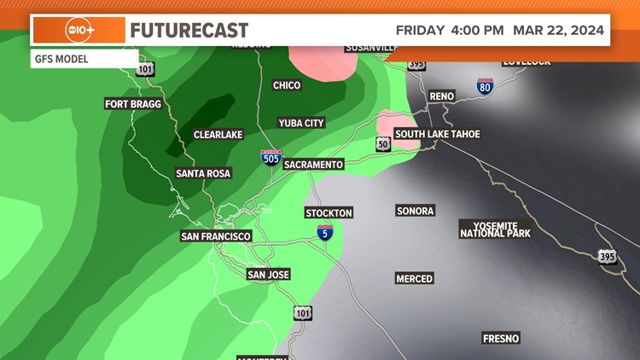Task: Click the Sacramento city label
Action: click(x=313, y=165)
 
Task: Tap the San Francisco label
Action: click(x=216, y=235)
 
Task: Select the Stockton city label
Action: click(x=329, y=212)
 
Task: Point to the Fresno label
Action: click(x=500, y=339)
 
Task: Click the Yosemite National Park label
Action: click(x=495, y=229)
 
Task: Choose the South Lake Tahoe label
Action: click(x=437, y=134)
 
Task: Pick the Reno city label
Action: click(x=442, y=96)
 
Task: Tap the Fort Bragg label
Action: click(x=132, y=104)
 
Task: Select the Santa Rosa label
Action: click(x=203, y=173)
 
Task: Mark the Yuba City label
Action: click(x=301, y=123)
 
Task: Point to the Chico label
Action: click(x=287, y=85)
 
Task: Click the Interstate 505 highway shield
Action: click(x=271, y=158)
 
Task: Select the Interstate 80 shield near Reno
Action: click(x=485, y=87)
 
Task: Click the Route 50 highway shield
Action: click(x=384, y=145)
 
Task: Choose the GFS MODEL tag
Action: click(x=61, y=60)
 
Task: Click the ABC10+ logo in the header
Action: click(x=79, y=31)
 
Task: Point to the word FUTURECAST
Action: click(x=189, y=31)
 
